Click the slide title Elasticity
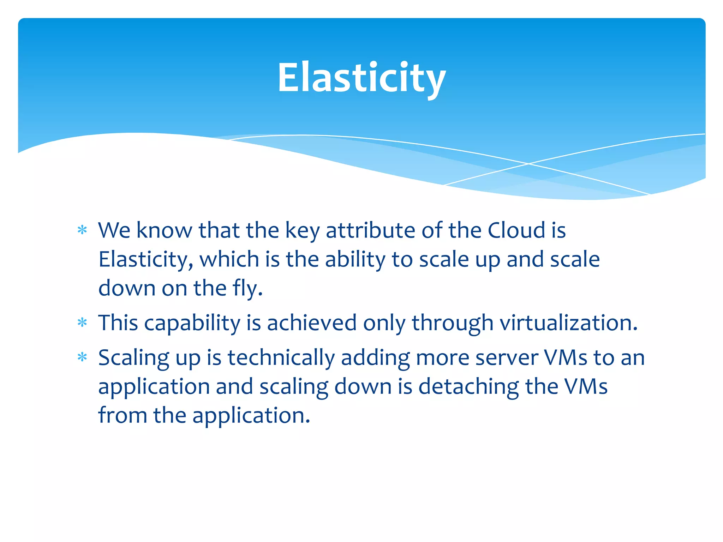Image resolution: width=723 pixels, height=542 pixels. point(361,78)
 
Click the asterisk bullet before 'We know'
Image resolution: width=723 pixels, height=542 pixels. point(82,230)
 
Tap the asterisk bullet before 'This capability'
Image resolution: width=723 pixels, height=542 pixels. point(82,323)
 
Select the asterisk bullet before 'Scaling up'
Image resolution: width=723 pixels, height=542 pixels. point(82,357)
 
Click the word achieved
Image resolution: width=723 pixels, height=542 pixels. point(312,323)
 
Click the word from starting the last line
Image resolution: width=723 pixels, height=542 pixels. point(122,415)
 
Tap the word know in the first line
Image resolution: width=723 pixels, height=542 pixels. point(164,230)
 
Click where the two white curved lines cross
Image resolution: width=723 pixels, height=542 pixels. point(528,164)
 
